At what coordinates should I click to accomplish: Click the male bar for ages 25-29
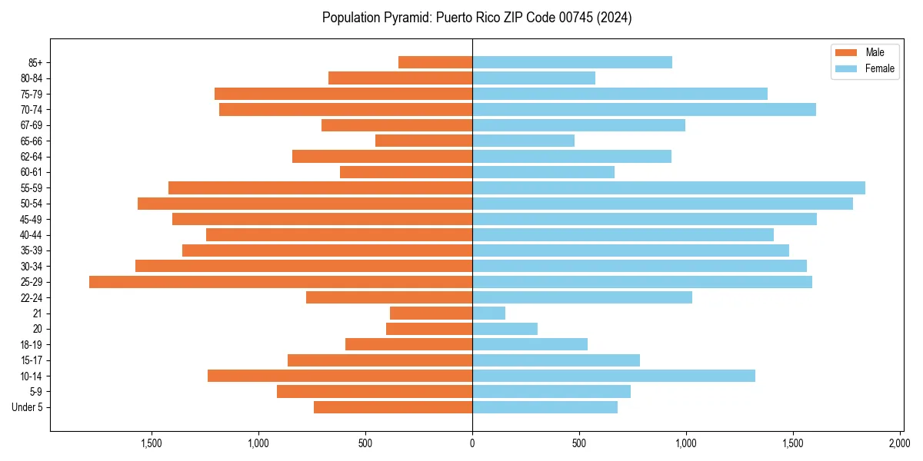(x=281, y=282)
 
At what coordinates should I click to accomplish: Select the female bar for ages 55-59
(x=668, y=188)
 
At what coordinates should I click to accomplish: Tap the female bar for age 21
(x=488, y=313)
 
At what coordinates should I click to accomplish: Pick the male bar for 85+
(x=435, y=62)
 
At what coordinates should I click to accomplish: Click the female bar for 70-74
(x=644, y=110)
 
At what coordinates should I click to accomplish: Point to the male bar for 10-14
(x=340, y=376)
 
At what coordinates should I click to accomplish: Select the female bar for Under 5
(x=545, y=407)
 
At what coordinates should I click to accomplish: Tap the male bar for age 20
(x=429, y=329)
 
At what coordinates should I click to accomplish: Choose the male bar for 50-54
(x=305, y=204)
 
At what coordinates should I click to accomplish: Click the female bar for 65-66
(x=523, y=141)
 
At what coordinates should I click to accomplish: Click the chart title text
(x=477, y=18)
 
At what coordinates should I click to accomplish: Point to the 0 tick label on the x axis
(x=472, y=443)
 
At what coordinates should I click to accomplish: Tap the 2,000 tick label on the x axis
(x=900, y=443)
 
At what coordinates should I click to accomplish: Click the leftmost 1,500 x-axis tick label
(x=152, y=443)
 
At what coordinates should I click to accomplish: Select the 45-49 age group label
(x=32, y=219)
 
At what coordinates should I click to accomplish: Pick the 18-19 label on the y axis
(x=32, y=345)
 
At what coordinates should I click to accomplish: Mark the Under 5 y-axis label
(x=27, y=407)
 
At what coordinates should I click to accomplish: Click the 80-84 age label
(x=32, y=78)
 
